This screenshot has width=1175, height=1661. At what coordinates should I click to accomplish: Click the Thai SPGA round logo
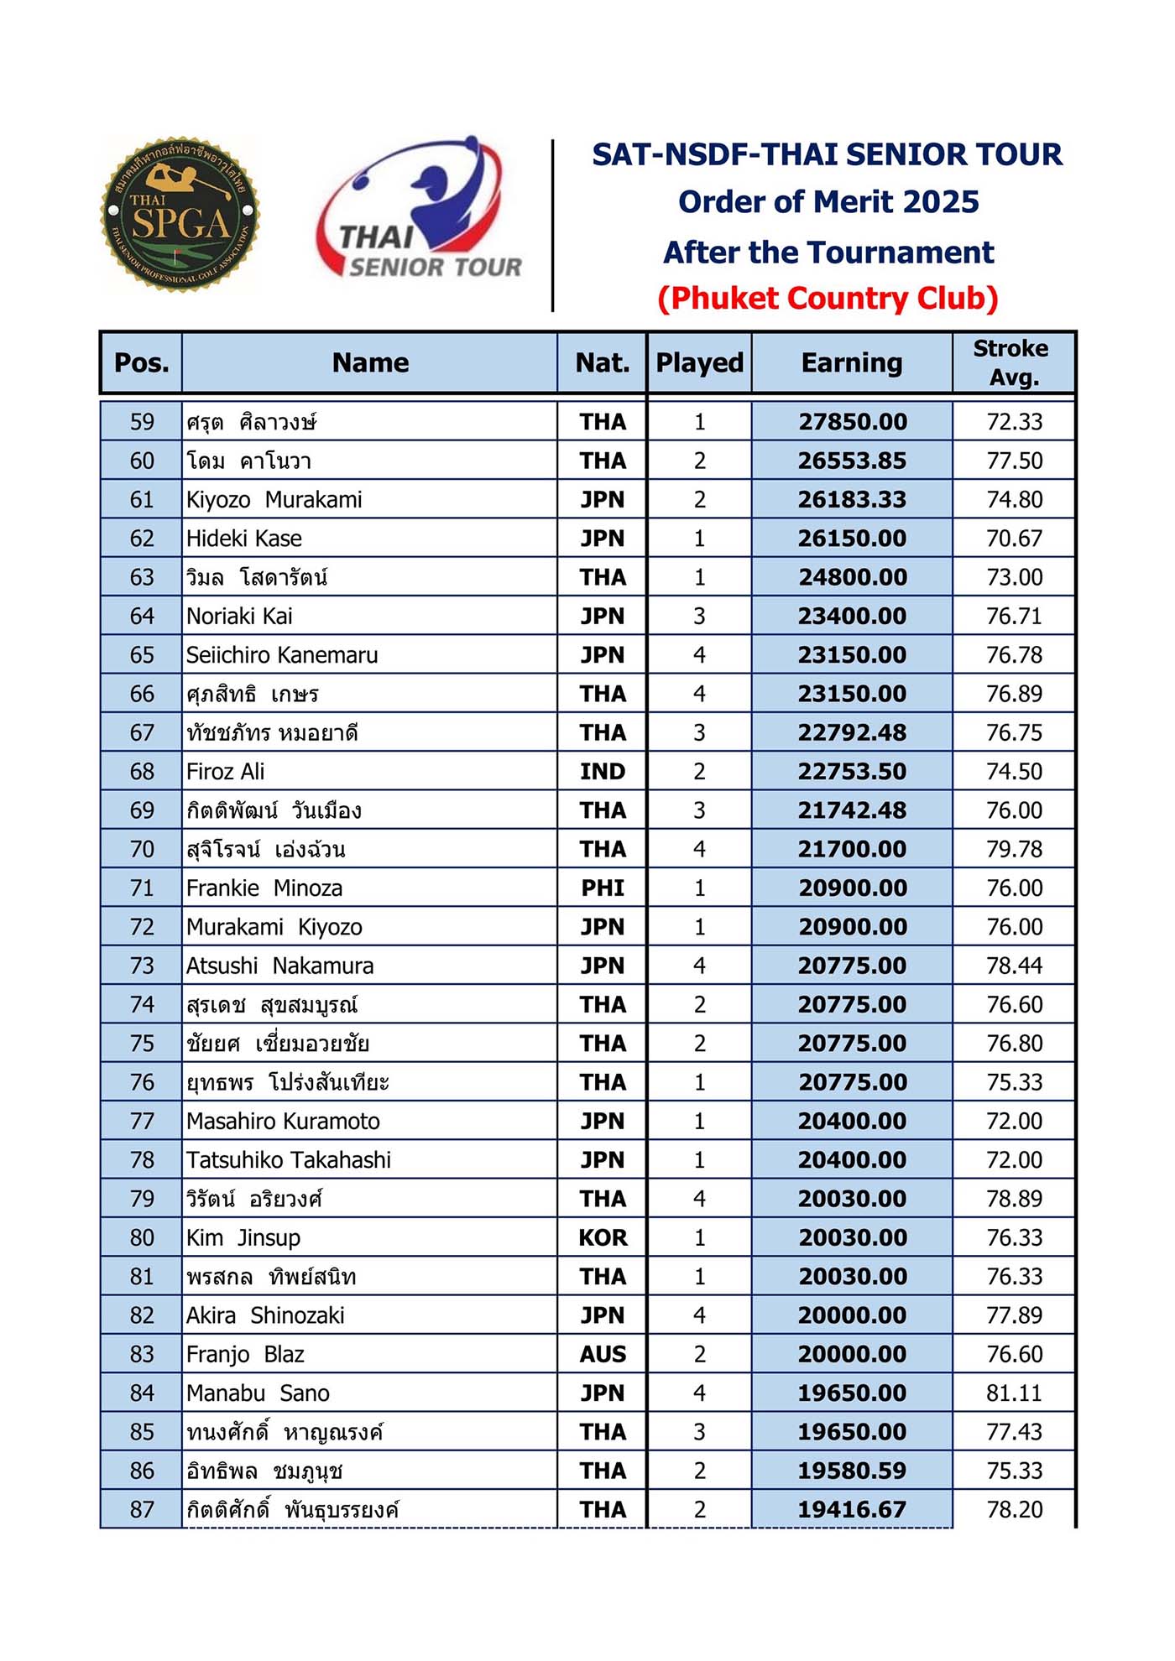[x=180, y=215]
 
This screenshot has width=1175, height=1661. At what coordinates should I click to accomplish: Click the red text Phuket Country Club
[x=828, y=299]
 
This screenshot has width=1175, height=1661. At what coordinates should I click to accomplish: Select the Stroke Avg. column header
[x=1013, y=362]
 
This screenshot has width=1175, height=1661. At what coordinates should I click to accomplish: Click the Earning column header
[x=851, y=362]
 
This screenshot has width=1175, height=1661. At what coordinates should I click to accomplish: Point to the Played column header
[x=699, y=362]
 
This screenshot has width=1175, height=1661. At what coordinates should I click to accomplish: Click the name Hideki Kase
[x=244, y=539]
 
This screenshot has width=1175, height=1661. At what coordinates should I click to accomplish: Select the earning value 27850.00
[x=852, y=422]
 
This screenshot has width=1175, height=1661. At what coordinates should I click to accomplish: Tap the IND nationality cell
[x=602, y=772]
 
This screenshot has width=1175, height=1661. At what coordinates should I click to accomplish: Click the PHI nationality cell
[x=602, y=888]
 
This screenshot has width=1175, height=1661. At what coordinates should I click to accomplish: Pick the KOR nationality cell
[x=602, y=1238]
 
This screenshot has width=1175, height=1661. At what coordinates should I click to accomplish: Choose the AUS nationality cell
[x=602, y=1355]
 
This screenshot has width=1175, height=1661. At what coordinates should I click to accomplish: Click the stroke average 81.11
[x=1014, y=1393]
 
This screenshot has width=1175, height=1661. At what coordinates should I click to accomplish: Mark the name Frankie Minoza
[x=264, y=888]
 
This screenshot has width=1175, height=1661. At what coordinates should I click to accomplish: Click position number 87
[x=142, y=1510]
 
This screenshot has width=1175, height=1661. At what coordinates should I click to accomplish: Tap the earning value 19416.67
[x=852, y=1510]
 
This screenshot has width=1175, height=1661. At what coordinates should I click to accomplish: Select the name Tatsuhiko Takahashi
[x=289, y=1160]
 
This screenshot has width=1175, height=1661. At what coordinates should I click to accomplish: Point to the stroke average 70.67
[x=1014, y=539]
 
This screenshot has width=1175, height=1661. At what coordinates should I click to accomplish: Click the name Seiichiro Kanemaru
[x=282, y=655]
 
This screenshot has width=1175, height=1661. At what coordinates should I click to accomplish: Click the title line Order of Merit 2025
[x=828, y=202]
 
